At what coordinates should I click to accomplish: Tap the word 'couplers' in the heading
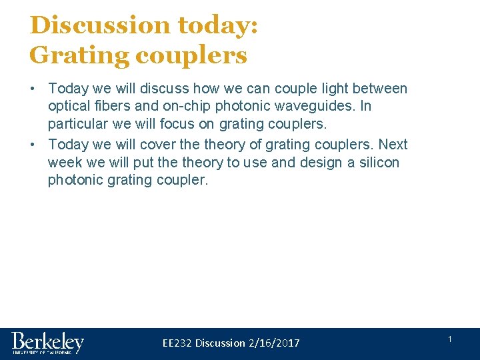click(x=191, y=55)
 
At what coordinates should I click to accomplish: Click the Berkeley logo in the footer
click(x=47, y=343)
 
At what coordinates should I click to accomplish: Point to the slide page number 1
click(x=450, y=340)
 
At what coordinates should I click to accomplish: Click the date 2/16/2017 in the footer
click(x=274, y=343)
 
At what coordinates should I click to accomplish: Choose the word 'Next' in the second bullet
click(x=393, y=145)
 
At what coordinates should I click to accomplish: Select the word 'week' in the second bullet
click(x=64, y=163)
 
